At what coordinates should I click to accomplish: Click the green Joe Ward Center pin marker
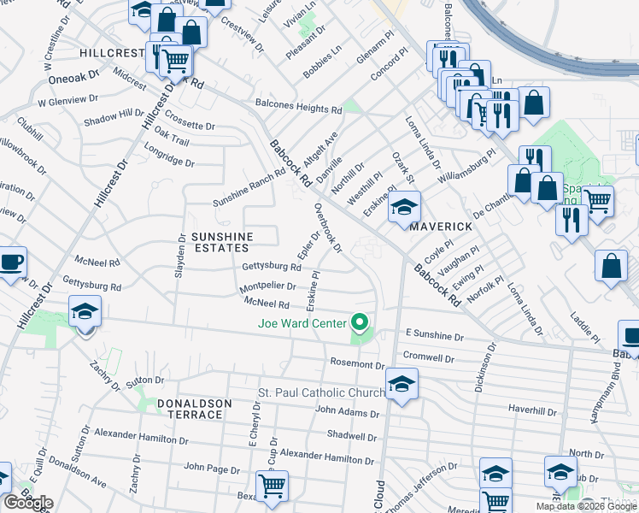(360, 323)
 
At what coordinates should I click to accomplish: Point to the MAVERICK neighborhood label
(441, 227)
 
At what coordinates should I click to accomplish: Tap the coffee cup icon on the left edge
(10, 262)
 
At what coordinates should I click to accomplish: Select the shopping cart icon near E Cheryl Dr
(272, 486)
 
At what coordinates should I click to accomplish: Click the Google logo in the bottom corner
(27, 503)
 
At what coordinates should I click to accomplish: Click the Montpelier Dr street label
(268, 286)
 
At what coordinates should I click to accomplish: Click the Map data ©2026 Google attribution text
(585, 506)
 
